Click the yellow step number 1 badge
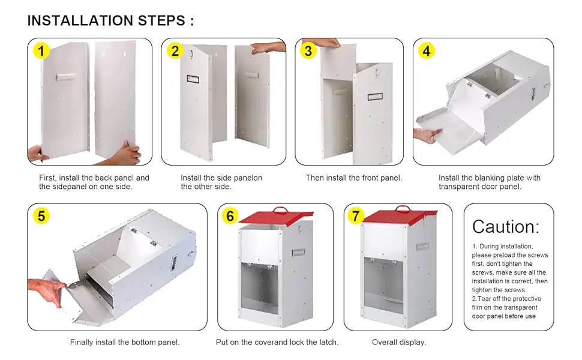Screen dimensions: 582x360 41,51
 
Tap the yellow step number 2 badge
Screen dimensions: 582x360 175,51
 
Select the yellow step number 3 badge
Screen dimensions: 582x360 308,51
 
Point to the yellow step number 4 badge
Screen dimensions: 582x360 427,51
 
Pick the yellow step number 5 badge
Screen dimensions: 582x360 41,215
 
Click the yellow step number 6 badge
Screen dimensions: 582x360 230,215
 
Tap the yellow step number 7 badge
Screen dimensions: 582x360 356,215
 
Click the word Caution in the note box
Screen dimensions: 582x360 506,226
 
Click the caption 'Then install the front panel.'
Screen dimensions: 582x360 354,178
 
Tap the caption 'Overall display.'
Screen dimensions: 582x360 399,342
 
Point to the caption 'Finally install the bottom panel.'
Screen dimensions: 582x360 125,342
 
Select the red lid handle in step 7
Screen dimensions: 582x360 403,208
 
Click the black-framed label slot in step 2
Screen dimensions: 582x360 193,79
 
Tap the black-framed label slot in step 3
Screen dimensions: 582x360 375,97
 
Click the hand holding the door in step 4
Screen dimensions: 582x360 428,135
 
